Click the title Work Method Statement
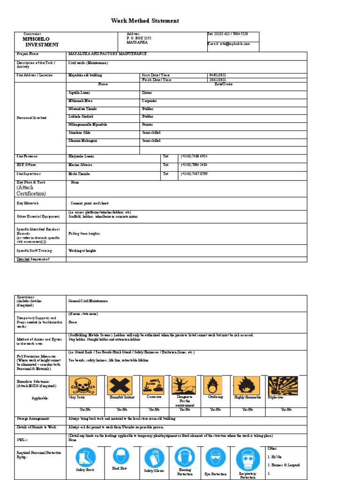tap(145, 21)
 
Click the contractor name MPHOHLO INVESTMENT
tap(42, 42)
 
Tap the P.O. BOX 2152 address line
tap(139, 38)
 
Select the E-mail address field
tap(229, 44)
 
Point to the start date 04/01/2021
tap(217, 75)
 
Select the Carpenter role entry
tap(150, 101)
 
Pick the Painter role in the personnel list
tap(148, 125)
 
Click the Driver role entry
tap(147, 93)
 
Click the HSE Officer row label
tap(27, 165)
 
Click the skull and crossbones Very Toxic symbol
tap(83, 385)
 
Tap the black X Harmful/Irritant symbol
tap(120, 385)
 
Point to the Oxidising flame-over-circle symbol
tap(213, 385)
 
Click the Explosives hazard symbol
tap(282, 385)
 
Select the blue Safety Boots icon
tap(85, 457)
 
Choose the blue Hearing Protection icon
tap(185, 457)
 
